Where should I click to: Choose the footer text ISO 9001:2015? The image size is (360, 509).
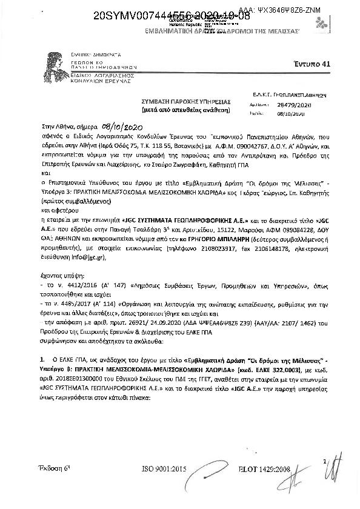(164, 470)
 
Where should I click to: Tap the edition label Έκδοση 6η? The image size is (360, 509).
(54, 469)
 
